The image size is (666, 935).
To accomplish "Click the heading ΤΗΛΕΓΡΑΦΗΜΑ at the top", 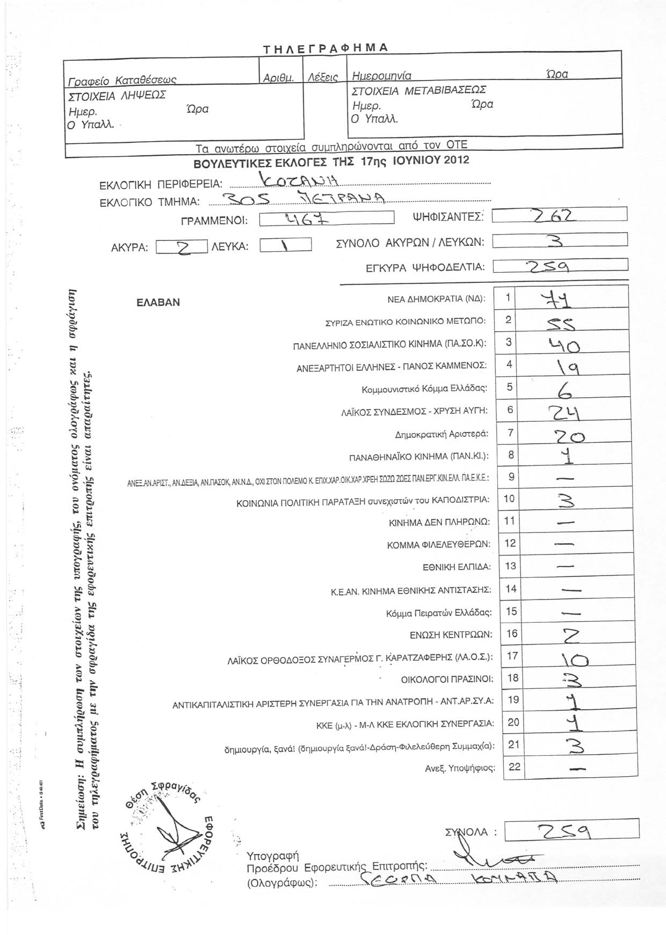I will tap(325, 48).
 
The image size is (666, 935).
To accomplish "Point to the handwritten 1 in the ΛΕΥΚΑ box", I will tap(285, 246).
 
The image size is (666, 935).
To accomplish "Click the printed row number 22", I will tap(514, 766).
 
